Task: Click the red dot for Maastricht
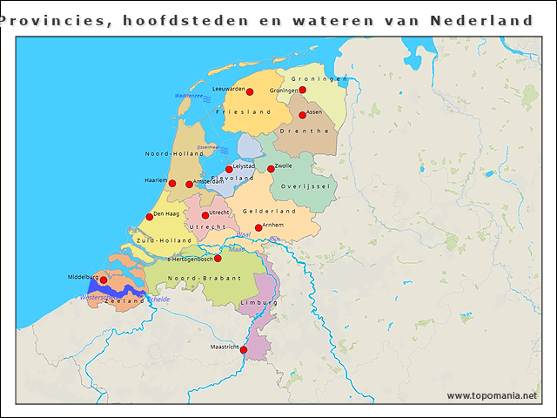tap(244, 350)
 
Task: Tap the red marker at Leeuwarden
tap(250, 91)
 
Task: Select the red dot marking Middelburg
tap(104, 280)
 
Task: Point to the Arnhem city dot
tap(258, 227)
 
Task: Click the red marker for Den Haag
tap(150, 217)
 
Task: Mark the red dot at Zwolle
tap(271, 169)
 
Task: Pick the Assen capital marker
tap(303, 115)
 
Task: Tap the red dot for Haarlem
tap(172, 183)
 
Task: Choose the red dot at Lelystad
tap(230, 169)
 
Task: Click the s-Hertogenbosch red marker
tap(218, 258)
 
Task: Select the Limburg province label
tap(258, 301)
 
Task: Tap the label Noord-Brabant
tap(198, 278)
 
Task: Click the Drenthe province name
tap(305, 131)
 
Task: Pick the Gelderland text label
tap(269, 211)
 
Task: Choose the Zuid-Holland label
tap(164, 239)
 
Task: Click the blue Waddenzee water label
tap(188, 95)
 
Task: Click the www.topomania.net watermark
tap(492, 395)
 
